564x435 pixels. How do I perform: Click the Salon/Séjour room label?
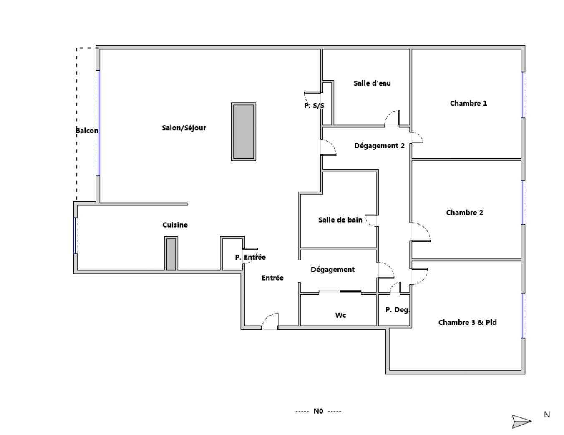[184, 128]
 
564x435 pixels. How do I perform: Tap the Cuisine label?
[175, 225]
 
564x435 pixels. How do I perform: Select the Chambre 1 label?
[468, 104]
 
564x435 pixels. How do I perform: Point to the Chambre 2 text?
[464, 212]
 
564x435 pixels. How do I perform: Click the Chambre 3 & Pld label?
[468, 323]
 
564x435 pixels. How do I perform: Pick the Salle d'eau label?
[372, 83]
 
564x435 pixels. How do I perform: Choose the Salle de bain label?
[340, 220]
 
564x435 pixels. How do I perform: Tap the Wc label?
[340, 315]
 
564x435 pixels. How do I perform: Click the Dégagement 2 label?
[379, 146]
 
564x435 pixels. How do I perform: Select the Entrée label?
[272, 278]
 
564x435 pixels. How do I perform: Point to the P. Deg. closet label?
[398, 310]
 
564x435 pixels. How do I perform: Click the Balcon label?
[87, 130]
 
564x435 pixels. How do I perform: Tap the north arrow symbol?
[521, 421]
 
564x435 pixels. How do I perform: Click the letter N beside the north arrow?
[547, 415]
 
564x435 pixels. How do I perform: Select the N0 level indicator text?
[318, 411]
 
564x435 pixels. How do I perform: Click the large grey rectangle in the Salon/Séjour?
[244, 132]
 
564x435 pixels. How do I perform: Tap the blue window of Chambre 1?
[522, 95]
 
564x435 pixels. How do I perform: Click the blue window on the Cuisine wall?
[75, 235]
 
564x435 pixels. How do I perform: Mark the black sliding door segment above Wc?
[350, 291]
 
